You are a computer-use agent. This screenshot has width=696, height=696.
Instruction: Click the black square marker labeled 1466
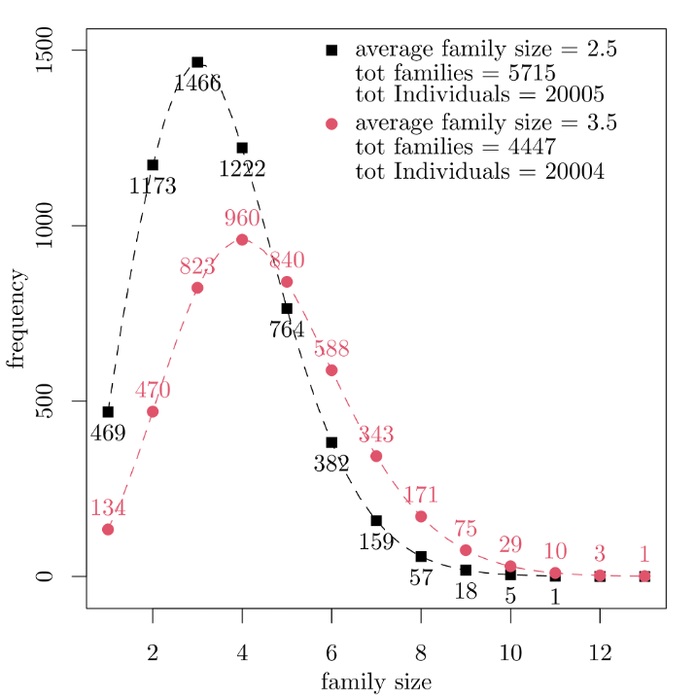coord(197,62)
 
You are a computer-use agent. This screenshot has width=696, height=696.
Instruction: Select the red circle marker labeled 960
coord(242,239)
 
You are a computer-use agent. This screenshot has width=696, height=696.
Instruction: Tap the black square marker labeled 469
coord(108,411)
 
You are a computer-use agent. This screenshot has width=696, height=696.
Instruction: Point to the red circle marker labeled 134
coord(108,529)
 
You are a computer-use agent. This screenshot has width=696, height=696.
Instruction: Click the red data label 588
coord(331,350)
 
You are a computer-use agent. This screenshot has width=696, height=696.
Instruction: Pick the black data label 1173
coord(153,186)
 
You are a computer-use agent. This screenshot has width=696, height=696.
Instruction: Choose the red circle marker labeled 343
coord(376,456)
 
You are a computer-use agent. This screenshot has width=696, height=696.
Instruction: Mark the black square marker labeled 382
coord(331,442)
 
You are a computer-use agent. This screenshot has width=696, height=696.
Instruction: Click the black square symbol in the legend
coord(331,50)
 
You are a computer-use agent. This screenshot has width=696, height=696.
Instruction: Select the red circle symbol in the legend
coord(331,123)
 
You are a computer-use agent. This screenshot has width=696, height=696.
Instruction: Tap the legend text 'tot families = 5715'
coord(455,73)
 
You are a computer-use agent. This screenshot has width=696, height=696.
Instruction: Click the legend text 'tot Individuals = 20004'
coord(480,171)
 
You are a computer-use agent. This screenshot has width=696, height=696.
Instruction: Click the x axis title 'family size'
coord(376,681)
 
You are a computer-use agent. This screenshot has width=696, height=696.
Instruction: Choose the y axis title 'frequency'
coord(17,319)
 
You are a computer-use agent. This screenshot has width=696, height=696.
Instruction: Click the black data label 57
coord(421,578)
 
